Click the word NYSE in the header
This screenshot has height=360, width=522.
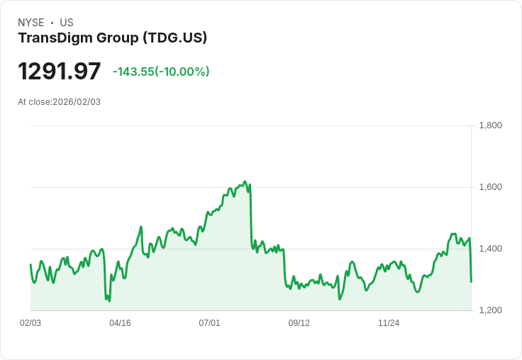coord(31,23)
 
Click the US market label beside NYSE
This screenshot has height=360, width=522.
coord(67,23)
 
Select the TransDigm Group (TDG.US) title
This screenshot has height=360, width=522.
coord(112,38)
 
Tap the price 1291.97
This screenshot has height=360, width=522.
coord(60,72)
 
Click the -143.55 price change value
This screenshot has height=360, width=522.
coord(133,72)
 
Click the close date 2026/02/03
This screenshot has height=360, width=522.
coord(77,102)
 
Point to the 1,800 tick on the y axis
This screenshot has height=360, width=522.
coord(491,125)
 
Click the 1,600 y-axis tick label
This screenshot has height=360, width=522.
coord(491,187)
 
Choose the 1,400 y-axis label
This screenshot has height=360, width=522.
coord(491,249)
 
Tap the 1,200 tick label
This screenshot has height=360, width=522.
coord(491,310)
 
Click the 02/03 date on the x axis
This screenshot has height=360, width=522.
coord(30,323)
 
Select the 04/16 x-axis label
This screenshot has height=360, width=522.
coord(120,323)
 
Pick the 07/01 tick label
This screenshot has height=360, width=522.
coord(210,323)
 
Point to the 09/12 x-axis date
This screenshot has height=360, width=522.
coord(299,323)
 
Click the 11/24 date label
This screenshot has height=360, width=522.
coord(389,323)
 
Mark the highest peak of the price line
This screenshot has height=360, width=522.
coord(245,181)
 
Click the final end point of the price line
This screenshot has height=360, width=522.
coord(471,282)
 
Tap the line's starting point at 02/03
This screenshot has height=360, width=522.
coord(30,264)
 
